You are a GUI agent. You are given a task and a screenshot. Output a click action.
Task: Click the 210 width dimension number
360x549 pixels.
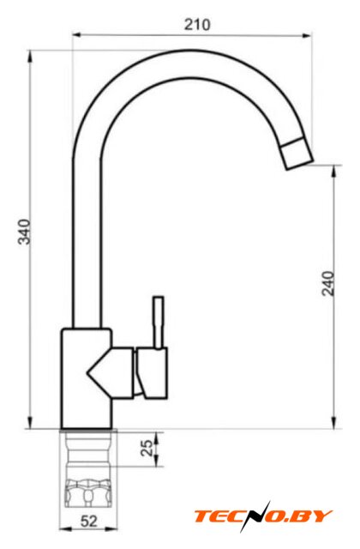[x=197, y=25]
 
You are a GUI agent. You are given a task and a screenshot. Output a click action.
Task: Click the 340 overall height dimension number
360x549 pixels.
[x=25, y=232]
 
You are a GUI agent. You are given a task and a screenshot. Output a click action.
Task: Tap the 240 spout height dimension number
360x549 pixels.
[x=328, y=284]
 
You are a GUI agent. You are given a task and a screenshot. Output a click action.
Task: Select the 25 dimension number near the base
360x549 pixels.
[x=147, y=448]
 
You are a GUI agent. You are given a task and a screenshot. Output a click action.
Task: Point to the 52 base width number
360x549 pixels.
[x=89, y=522]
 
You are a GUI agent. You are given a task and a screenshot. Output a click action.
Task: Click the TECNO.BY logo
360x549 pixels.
[x=263, y=516]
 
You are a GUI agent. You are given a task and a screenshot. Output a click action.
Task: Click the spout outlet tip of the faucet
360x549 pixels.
[x=297, y=154]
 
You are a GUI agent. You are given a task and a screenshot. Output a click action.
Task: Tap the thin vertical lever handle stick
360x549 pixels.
[x=158, y=323]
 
